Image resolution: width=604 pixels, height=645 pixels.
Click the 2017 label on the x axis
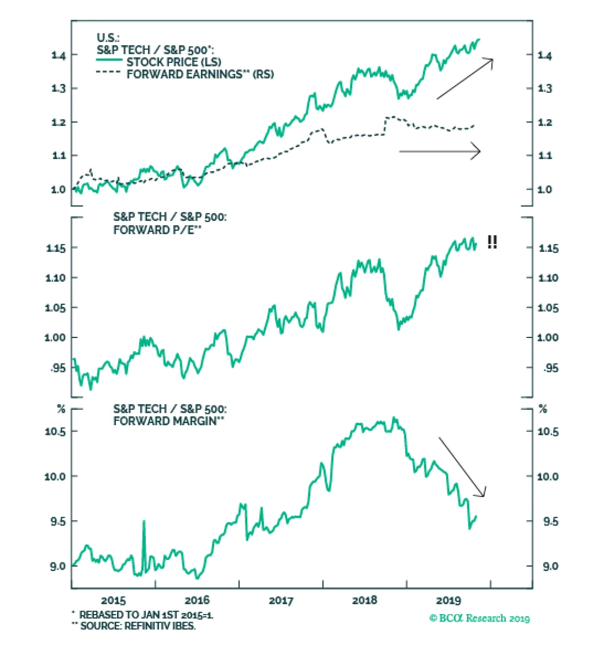pos(280,600)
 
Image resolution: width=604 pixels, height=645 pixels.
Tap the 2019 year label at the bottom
pos(448,600)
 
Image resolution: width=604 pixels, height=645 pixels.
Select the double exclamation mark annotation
pos(492,242)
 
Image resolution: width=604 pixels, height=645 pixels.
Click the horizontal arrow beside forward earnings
pos(440,151)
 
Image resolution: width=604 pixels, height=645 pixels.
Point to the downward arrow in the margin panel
pos(462,467)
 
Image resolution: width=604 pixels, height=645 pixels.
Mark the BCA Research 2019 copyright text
pos(479,618)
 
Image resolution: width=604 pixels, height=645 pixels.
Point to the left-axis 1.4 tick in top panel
pos(58,56)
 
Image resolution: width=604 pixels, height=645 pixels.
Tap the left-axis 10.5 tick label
pos(55,431)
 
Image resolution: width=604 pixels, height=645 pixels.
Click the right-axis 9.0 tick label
pos(550,566)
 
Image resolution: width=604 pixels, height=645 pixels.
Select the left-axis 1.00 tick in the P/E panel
pos(55,337)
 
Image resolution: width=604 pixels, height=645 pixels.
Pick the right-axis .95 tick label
pos(550,368)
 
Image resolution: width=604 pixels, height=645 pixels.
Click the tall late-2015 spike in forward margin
pos(144,523)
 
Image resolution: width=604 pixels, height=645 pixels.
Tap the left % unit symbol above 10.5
pos(61,409)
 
